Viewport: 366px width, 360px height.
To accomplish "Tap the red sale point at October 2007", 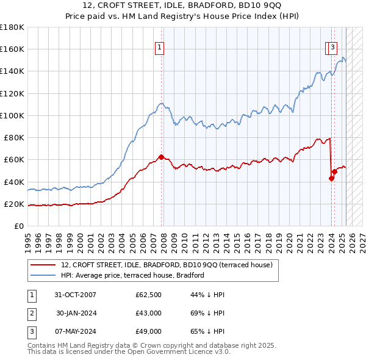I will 162,157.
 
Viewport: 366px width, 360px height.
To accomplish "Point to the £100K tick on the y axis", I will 12,115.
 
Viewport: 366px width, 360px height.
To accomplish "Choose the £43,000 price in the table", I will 148,314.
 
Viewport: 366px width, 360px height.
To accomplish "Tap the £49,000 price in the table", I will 148,331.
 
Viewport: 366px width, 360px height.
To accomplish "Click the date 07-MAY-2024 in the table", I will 75,331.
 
